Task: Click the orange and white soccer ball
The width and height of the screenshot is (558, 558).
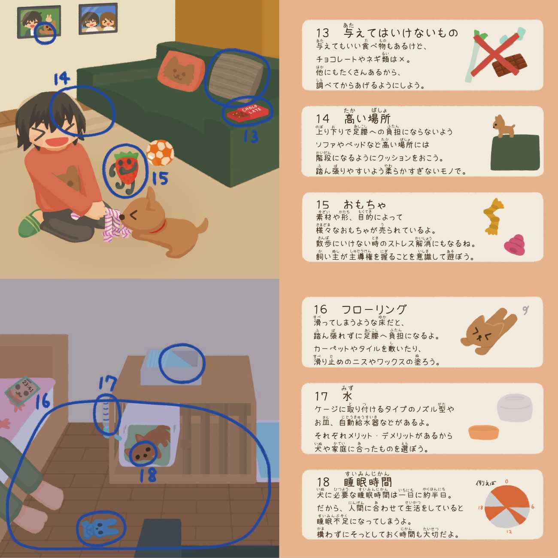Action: [x=160, y=153]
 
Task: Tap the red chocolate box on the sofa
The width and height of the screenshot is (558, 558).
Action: [x=248, y=112]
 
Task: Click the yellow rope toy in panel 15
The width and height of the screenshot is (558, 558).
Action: [x=493, y=216]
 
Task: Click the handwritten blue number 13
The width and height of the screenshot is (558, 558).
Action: [x=251, y=136]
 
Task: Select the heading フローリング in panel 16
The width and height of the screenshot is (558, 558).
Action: [x=374, y=309]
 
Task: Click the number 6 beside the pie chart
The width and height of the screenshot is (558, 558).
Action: [x=533, y=507]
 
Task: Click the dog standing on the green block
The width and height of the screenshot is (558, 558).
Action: [x=503, y=126]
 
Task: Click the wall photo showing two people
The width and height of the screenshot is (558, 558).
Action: [x=98, y=18]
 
